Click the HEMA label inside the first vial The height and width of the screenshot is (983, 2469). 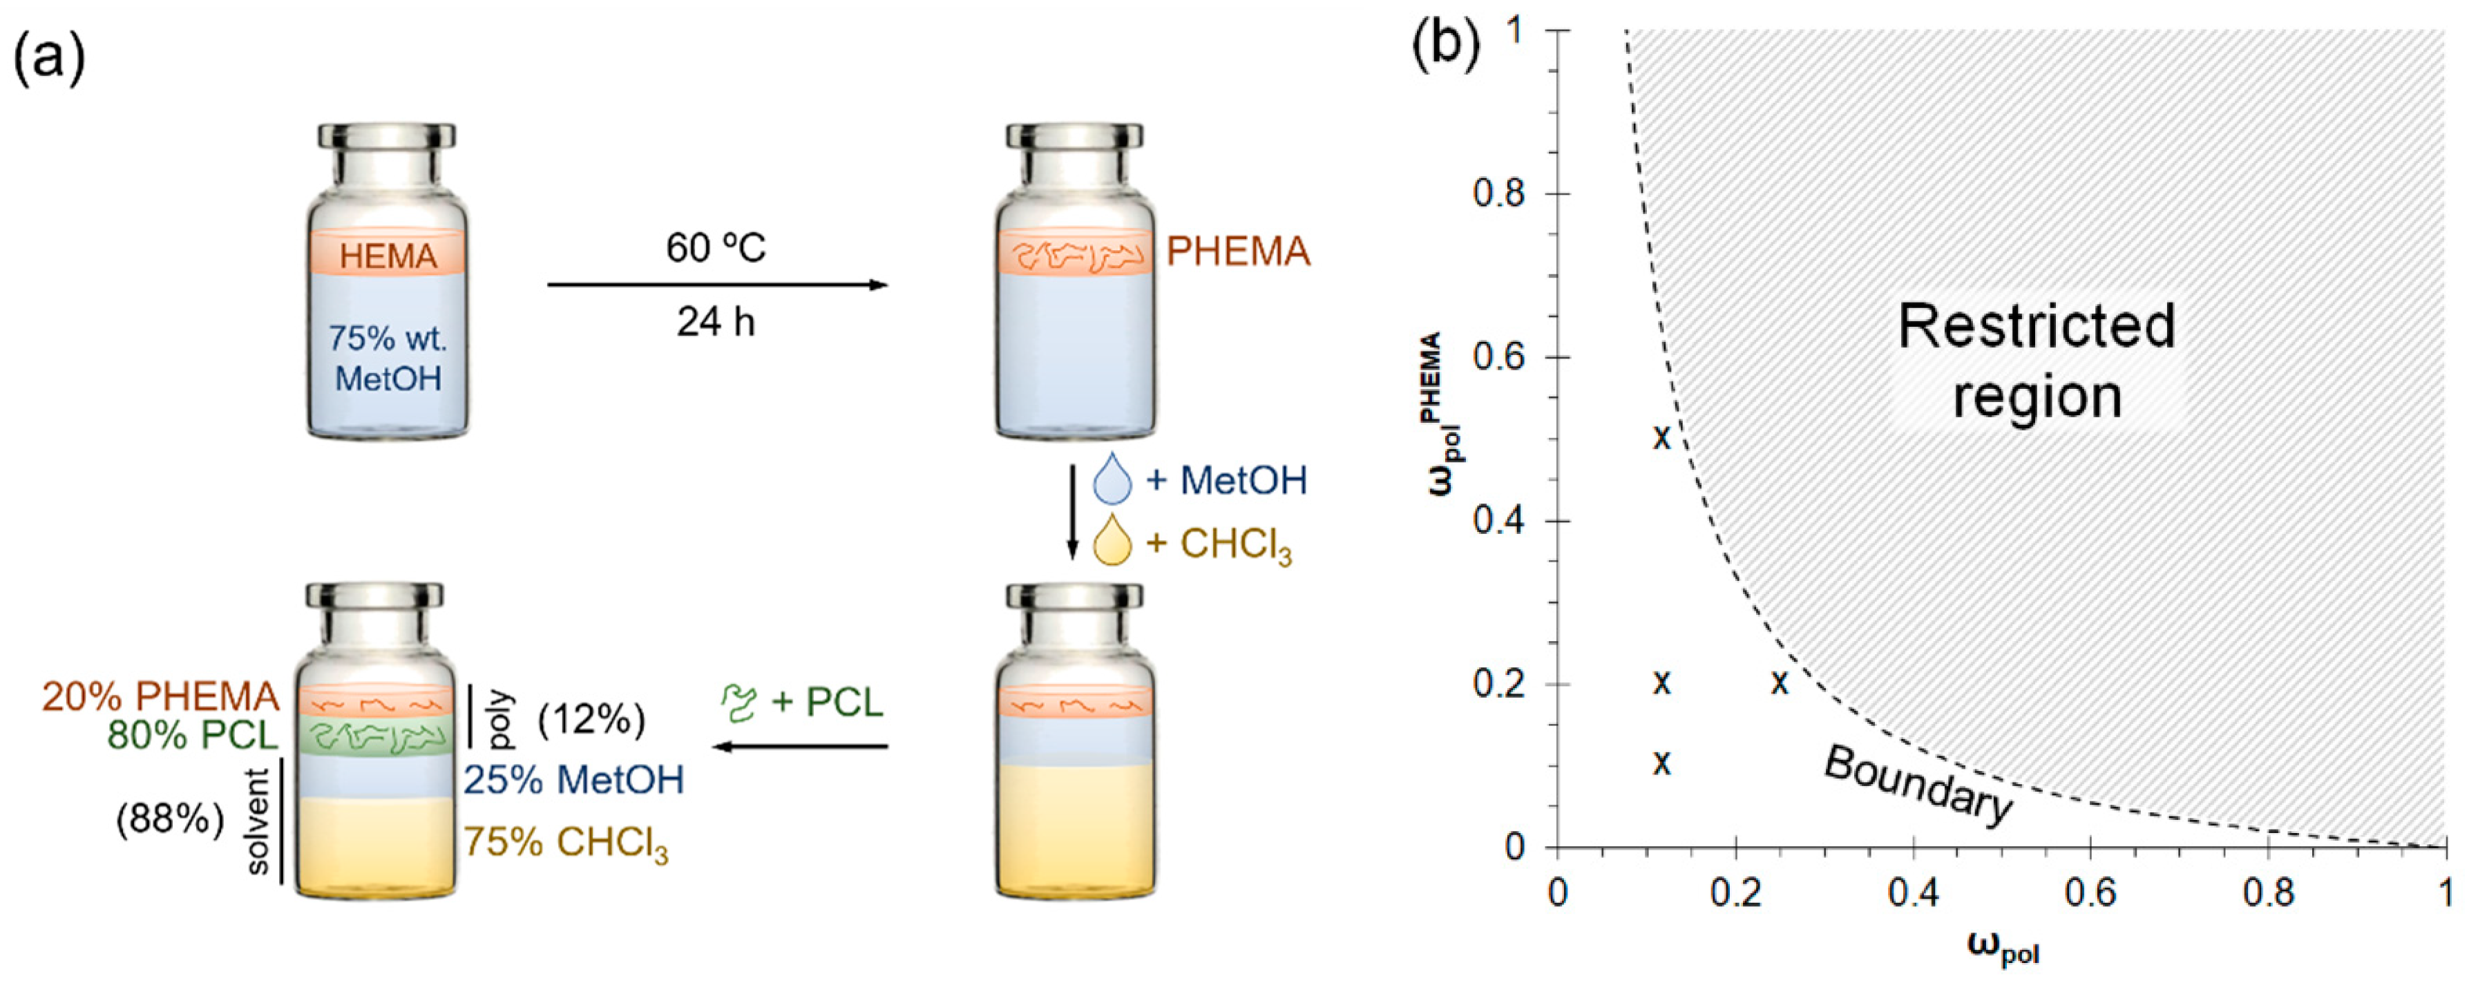[x=388, y=256]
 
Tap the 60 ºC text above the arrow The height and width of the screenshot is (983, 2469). [x=716, y=248]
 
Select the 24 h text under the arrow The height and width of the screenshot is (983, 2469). [x=716, y=322]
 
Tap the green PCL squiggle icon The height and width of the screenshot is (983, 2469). [x=739, y=703]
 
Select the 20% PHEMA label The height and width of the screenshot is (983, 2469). [x=160, y=696]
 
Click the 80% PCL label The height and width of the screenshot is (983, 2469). [x=191, y=735]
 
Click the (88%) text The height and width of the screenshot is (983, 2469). [x=170, y=819]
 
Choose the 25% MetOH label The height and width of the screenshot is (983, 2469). [x=574, y=780]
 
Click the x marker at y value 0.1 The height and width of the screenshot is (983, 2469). [x=1662, y=763]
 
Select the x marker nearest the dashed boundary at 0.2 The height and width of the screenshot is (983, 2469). [x=1780, y=683]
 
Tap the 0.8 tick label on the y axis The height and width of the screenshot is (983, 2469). [x=1498, y=193]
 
